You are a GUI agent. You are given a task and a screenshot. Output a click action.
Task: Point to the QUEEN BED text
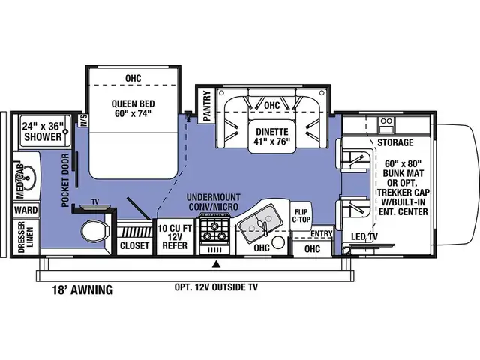click(x=133, y=109)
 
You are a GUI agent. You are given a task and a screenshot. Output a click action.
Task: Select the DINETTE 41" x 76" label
click(x=271, y=132)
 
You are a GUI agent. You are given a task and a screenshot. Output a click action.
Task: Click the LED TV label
click(x=364, y=238)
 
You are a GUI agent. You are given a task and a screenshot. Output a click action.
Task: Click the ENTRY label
click(x=321, y=234)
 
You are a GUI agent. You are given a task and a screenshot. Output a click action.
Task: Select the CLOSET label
click(x=134, y=244)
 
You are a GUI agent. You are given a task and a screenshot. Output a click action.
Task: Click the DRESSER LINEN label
click(x=22, y=238)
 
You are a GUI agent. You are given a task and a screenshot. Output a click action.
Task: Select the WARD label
click(x=23, y=211)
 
